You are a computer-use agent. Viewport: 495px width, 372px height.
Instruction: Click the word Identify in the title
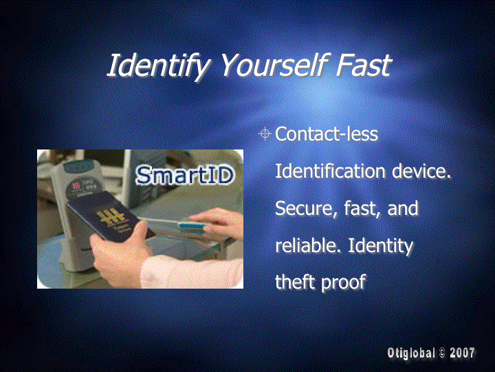pos(159,65)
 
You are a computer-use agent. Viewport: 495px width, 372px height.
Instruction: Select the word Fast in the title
pos(364,65)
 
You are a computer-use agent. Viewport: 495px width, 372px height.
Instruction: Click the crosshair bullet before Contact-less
pos(265,134)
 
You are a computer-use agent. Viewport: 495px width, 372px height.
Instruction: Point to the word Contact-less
pos(327,134)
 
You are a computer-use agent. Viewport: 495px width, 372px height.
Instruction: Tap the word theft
pos(295,282)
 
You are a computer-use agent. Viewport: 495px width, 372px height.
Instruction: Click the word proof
pos(343,282)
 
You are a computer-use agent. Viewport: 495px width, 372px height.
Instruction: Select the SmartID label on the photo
pos(186,175)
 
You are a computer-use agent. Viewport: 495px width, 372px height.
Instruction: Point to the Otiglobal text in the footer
pos(410,353)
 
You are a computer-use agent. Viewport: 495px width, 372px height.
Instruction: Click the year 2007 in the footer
pos(462,353)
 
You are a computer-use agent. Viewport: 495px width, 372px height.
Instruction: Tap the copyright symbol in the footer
pos(442,353)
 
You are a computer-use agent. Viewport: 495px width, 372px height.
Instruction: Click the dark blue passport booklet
pos(107,216)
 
